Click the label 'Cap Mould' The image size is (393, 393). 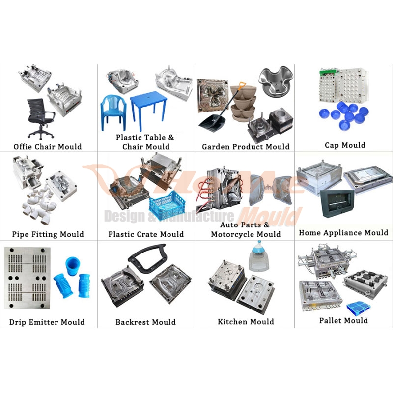click(345, 145)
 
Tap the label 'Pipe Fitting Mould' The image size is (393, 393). click(48, 234)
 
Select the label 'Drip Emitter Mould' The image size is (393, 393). click(47, 322)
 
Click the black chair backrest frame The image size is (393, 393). click(147, 258)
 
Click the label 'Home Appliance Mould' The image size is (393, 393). click(343, 233)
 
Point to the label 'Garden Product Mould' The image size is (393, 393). click(246, 147)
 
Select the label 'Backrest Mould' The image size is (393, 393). click(145, 322)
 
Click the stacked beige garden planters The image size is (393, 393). click(244, 103)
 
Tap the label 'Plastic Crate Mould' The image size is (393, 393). click(146, 234)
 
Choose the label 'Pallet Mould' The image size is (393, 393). click(343, 321)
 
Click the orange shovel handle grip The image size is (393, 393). click(241, 86)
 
